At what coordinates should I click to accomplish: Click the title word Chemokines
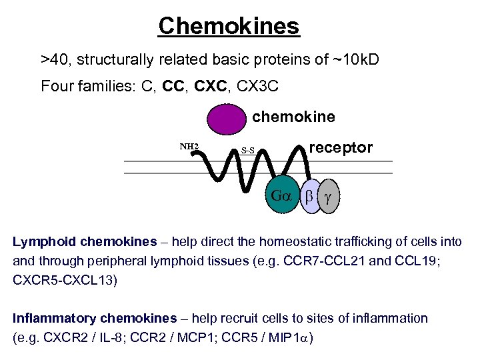(229, 27)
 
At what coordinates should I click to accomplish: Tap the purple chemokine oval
(227, 121)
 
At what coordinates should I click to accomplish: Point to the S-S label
(248, 150)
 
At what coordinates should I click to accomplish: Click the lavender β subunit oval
(309, 197)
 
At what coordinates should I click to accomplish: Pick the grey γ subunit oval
(328, 197)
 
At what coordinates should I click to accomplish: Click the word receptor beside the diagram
(342, 147)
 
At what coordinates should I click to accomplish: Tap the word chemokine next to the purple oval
(293, 117)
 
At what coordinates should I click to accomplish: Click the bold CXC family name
(213, 86)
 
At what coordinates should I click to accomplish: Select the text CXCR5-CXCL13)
(65, 280)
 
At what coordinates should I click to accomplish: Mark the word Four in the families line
(56, 86)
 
